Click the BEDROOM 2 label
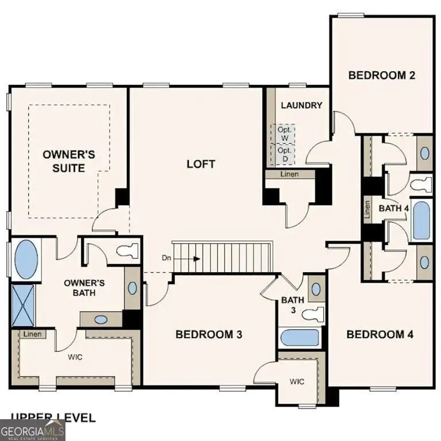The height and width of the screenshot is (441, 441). pos(382,75)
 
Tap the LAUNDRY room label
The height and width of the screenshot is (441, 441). pos(301,106)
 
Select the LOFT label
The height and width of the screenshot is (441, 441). pos(201,164)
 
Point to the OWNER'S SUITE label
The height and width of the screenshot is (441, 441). pos(71,161)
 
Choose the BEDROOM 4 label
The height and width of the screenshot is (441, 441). pos(380,334)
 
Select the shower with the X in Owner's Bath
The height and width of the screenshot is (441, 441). pos(24,305)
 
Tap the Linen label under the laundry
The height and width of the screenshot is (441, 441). pos(289,174)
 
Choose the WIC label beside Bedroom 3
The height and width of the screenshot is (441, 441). pos(296,381)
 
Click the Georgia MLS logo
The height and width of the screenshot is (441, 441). pos(33,430)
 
